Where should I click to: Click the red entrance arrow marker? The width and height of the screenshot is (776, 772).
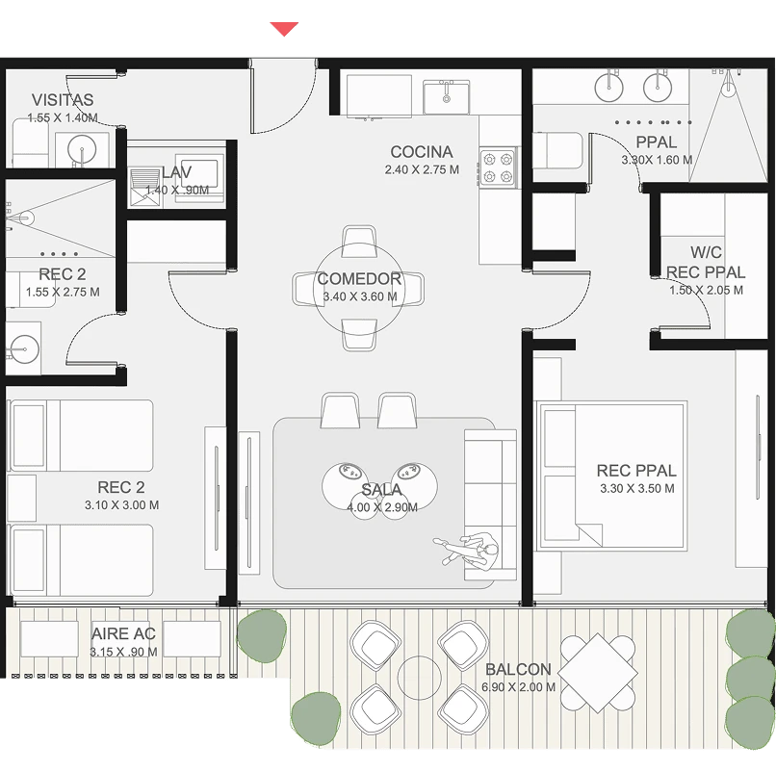(284, 29)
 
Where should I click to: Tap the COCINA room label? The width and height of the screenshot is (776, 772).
(421, 152)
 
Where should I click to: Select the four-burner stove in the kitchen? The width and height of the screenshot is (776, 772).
(498, 167)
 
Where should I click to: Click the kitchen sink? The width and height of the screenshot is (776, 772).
(447, 97)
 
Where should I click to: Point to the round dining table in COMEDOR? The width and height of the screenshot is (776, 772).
(359, 289)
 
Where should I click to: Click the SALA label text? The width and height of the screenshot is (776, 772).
(381, 490)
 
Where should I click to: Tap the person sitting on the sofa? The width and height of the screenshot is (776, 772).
(467, 549)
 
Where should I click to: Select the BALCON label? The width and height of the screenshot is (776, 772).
(518, 670)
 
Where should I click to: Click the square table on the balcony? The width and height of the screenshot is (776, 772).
(597, 673)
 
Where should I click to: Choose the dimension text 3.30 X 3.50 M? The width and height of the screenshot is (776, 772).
(637, 488)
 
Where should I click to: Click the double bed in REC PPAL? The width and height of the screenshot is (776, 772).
(611, 476)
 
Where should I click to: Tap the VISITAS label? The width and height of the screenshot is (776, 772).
(63, 100)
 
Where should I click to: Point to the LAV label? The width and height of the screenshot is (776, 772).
(177, 172)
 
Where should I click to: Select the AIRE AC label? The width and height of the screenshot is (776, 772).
(124, 634)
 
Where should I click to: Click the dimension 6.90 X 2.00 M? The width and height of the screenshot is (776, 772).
(518, 687)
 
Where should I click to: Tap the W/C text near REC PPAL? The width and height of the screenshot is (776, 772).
(706, 252)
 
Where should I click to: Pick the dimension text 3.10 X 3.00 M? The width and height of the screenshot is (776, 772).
(121, 505)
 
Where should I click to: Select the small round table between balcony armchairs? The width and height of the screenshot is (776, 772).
(419, 678)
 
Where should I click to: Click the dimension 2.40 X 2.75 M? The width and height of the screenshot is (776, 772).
(422, 169)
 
